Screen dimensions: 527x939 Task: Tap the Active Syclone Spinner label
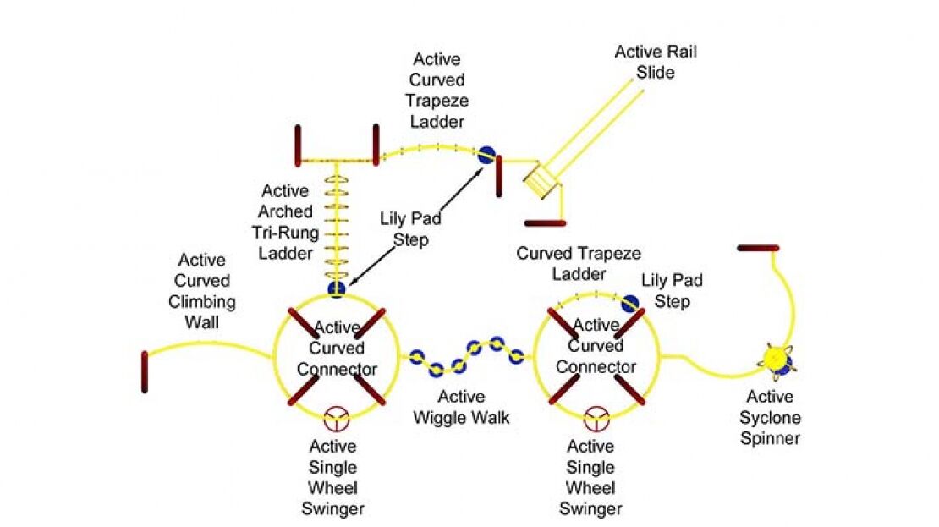[x=770, y=417]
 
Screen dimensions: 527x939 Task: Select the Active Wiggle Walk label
[x=462, y=407]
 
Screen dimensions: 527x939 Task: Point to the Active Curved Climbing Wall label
[x=201, y=291]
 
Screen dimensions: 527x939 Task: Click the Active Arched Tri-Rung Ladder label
[x=287, y=222]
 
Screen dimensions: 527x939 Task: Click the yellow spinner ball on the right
[x=774, y=359]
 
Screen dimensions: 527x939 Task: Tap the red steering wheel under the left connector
[x=338, y=417]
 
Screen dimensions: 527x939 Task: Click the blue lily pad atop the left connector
[x=337, y=290]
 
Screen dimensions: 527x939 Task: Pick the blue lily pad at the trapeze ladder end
[x=486, y=154]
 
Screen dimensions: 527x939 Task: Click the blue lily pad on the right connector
[x=629, y=303]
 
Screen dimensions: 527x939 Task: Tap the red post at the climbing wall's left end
[x=146, y=371]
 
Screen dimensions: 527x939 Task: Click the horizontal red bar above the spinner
[x=758, y=248]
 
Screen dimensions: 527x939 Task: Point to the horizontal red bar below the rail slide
[x=546, y=223]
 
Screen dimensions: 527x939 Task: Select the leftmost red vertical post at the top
[x=299, y=145]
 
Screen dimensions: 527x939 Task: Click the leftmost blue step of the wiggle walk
[x=415, y=356]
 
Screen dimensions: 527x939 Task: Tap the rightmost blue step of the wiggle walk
[x=516, y=357]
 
